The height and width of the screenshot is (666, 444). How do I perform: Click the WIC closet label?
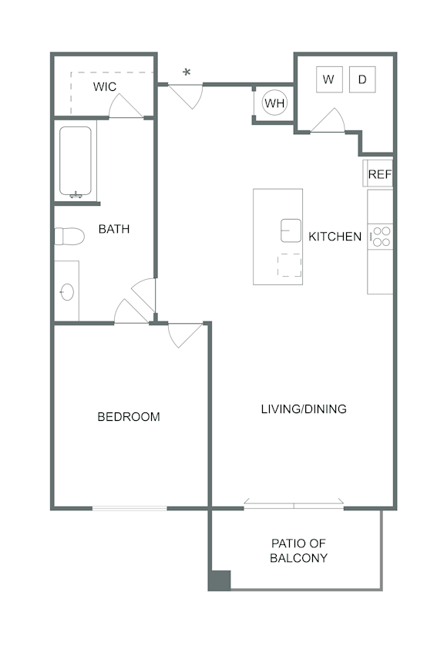[105, 86]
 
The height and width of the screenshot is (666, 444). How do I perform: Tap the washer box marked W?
[329, 79]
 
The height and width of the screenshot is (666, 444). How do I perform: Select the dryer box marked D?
[362, 79]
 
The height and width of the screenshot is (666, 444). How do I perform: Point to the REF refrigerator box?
[378, 174]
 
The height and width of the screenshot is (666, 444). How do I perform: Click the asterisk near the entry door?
[187, 73]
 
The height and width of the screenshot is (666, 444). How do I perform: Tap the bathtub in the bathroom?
[76, 162]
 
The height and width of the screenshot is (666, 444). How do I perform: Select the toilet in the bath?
[69, 236]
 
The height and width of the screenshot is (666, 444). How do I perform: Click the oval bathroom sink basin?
[67, 292]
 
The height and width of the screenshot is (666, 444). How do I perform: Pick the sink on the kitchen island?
[291, 230]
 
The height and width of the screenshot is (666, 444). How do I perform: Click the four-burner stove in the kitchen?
[380, 236]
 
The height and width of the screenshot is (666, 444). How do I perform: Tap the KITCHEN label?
[335, 237]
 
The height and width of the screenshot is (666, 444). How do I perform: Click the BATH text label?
[113, 229]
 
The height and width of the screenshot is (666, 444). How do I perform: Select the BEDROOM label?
[129, 417]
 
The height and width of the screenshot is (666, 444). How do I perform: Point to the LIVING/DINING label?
[303, 409]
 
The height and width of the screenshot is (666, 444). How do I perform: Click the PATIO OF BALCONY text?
[299, 550]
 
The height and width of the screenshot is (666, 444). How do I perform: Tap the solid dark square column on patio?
[220, 580]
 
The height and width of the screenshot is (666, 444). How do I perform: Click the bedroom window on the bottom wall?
[129, 508]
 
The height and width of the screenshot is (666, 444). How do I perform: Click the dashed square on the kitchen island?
[290, 265]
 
